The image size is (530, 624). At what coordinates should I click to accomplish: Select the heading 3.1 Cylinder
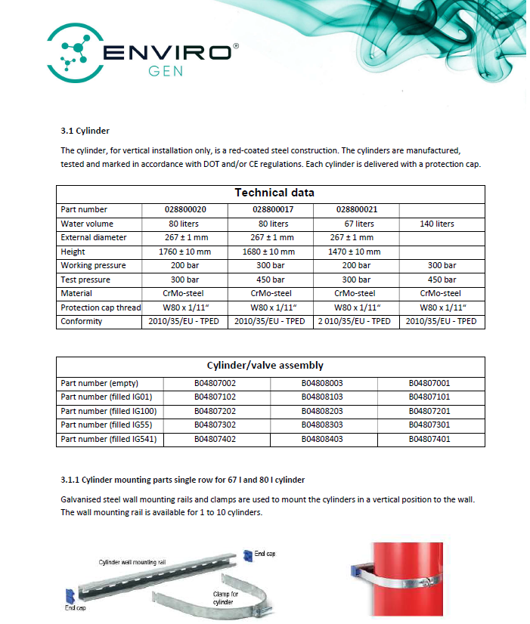[85, 131]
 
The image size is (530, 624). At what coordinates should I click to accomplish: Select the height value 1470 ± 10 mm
[355, 252]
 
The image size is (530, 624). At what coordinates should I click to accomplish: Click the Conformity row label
[82, 321]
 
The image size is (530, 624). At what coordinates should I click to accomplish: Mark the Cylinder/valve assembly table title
[270, 366]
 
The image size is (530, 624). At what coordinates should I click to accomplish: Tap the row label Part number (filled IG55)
[107, 425]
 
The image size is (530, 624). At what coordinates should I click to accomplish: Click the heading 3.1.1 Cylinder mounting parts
[182, 480]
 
